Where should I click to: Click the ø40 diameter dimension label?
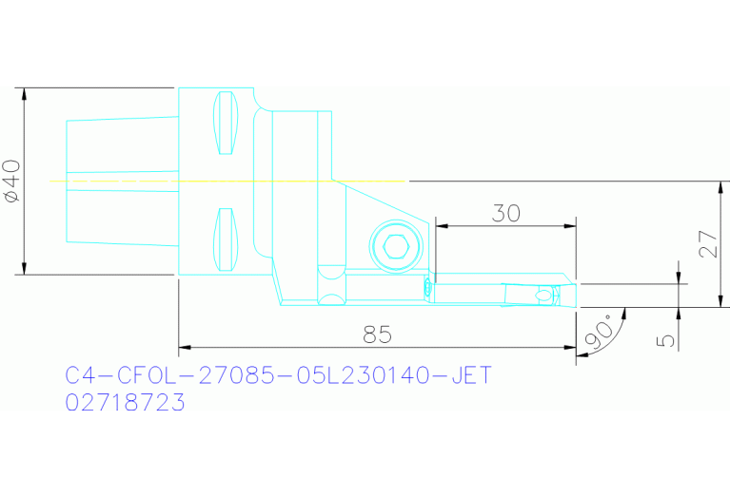click(x=12, y=181)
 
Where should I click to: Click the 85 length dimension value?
click(x=378, y=335)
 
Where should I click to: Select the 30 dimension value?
click(x=505, y=213)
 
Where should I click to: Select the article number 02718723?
click(x=125, y=403)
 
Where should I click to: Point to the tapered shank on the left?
click(x=122, y=180)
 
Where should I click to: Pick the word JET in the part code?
click(x=470, y=375)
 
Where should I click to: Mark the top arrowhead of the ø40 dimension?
click(x=21, y=93)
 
